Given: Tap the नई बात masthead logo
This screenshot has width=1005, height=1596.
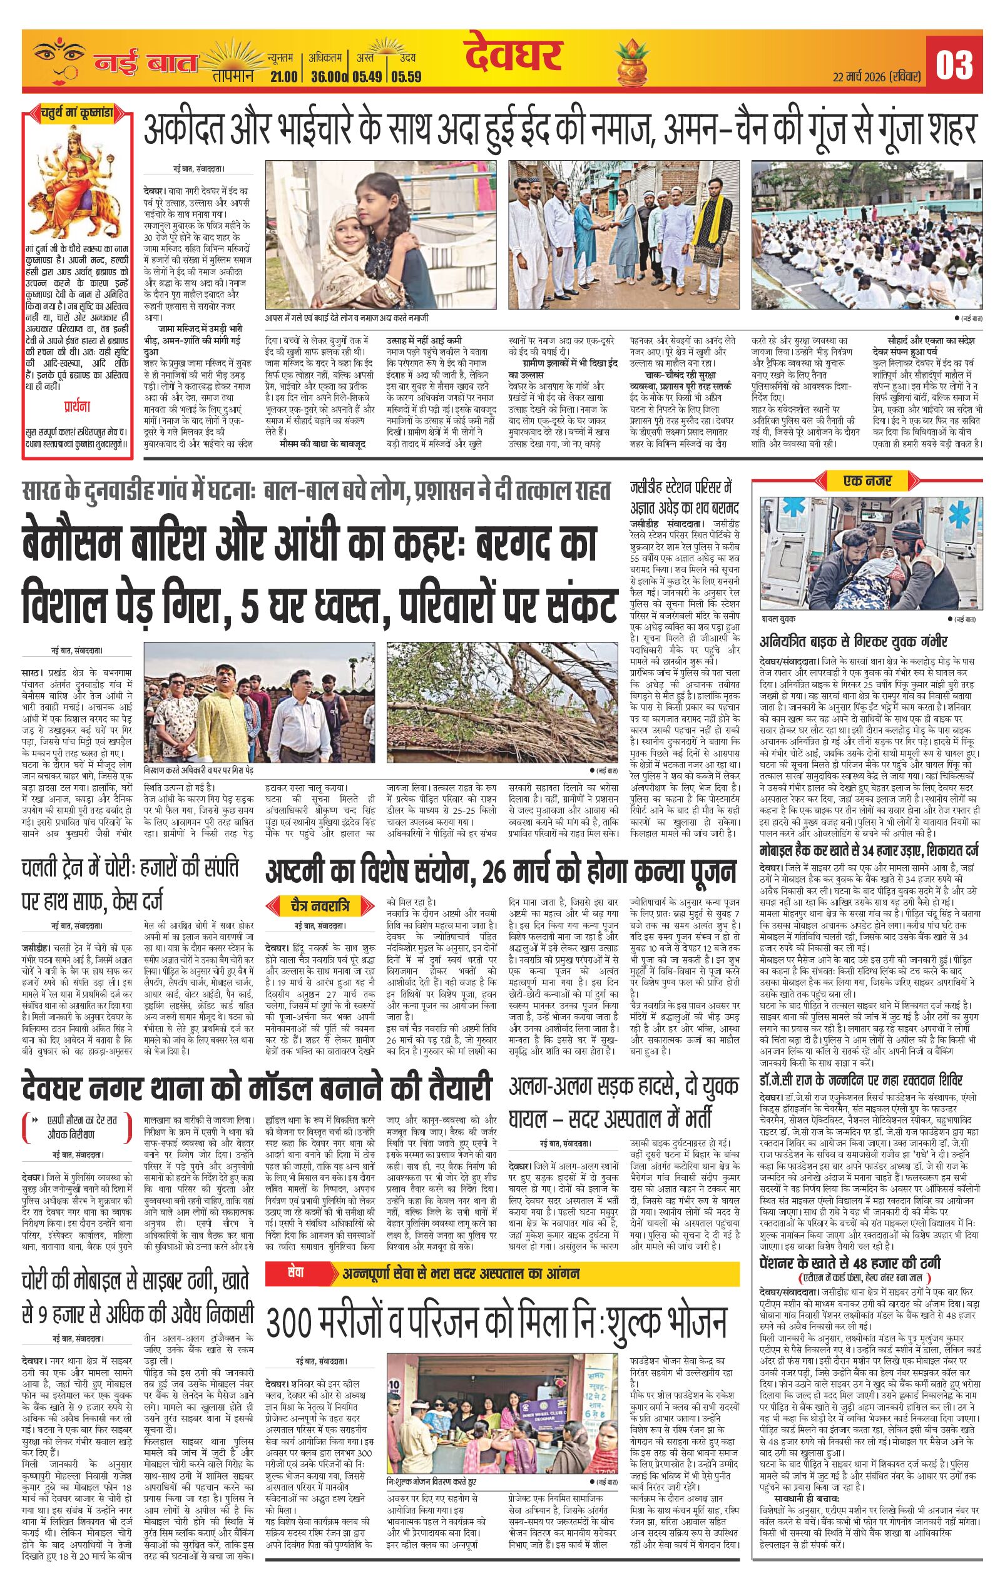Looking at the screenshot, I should (x=145, y=64).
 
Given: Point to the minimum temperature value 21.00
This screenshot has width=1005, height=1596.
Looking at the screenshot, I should (x=283, y=76).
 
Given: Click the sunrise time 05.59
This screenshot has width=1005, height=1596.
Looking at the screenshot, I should (x=406, y=76).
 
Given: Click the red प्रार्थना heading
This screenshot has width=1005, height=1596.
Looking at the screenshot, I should (x=78, y=405).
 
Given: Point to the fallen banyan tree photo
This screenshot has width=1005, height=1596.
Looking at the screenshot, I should (x=501, y=706).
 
